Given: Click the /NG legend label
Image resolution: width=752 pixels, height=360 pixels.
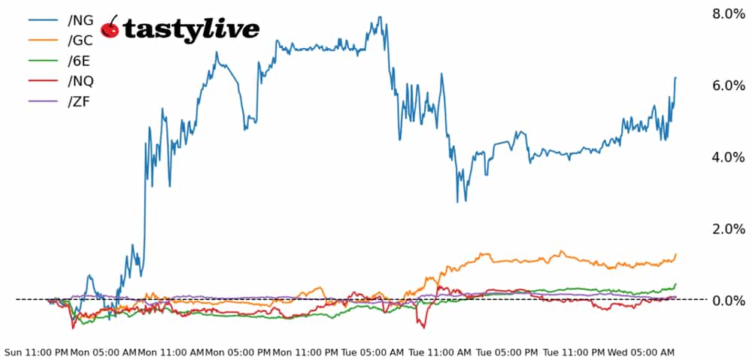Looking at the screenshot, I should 80,20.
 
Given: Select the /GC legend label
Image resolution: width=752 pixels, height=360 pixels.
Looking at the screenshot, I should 80,41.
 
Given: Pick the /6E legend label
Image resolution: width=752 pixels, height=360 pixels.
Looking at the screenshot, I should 79,61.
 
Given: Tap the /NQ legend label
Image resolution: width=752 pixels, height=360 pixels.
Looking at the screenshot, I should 80,81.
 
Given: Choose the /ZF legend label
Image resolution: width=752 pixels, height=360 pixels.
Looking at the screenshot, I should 78,101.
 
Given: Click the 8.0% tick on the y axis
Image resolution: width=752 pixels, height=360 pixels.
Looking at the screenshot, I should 727,14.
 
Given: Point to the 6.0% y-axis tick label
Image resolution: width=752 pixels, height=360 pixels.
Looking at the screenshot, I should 727,86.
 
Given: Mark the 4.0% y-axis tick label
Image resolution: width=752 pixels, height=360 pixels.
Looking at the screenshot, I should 727,157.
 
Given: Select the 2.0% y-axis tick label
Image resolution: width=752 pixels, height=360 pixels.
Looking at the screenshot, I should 727,228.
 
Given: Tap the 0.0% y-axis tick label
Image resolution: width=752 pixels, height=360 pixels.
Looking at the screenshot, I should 727,301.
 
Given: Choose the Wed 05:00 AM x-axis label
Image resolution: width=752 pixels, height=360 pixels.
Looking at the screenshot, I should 641,352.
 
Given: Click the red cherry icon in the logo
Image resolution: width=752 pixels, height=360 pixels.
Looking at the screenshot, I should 111,28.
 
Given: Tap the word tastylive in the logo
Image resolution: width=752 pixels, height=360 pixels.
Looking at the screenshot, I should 191,29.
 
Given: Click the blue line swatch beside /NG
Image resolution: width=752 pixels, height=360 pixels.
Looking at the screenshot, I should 44,20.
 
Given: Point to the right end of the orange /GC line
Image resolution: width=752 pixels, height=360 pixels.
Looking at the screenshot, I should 676,254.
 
